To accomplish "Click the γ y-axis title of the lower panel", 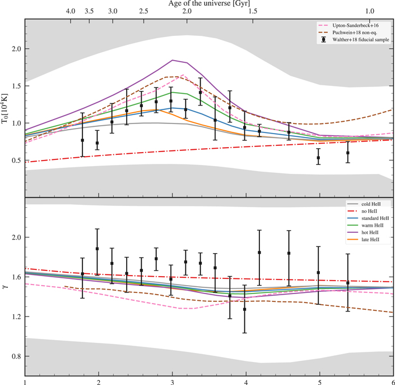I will pos(6,287).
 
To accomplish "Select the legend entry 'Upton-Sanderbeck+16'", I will pos(350,26).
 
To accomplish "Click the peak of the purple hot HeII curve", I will pos(173,60).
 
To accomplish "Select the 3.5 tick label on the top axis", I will pos(89,11).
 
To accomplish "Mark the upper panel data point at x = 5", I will pos(318,158).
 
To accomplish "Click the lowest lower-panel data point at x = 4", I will pos(245,309).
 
